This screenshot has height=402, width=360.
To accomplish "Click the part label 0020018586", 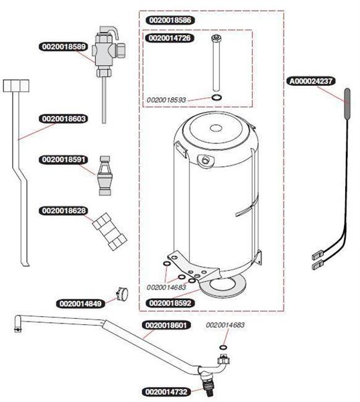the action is [x=170, y=20].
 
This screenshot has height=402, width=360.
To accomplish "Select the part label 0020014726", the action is [x=170, y=38].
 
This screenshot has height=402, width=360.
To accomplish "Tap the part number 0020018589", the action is [x=64, y=47].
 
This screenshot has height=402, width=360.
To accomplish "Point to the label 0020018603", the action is [x=64, y=119].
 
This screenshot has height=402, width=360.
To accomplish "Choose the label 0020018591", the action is [x=64, y=159].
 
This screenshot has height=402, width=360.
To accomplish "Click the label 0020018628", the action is [x=64, y=211].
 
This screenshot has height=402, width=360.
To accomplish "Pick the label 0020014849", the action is [x=80, y=304].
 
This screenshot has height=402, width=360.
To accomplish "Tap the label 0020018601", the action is [x=166, y=326].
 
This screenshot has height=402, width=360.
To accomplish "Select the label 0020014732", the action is [x=166, y=392].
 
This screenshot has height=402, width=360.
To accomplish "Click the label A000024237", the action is [x=311, y=81].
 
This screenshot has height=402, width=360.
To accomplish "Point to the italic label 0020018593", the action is [x=166, y=100].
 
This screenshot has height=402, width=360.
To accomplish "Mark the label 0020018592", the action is [x=170, y=303].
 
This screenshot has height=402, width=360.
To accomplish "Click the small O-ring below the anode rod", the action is [x=217, y=97].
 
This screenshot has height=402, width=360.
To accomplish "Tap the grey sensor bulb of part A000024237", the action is [x=347, y=104].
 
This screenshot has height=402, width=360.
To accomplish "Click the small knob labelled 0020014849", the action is [x=122, y=293].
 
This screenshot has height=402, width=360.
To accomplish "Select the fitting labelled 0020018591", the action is [x=105, y=176].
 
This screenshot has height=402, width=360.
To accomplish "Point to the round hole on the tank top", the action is [x=216, y=127].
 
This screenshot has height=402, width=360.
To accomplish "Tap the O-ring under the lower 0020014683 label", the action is [x=223, y=347].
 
